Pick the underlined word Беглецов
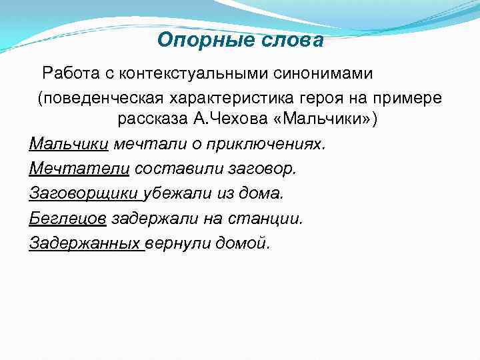point(68,219)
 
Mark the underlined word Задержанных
point(85,243)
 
